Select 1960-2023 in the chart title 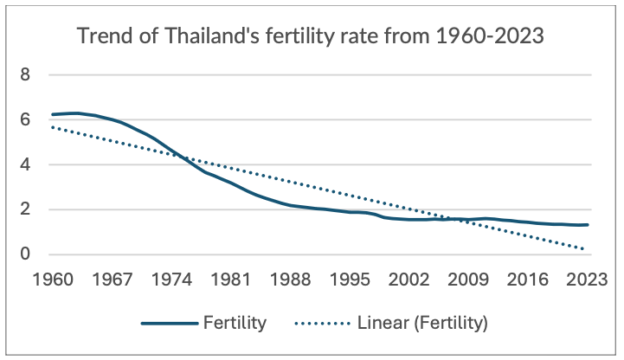485,37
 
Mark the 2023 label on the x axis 588,280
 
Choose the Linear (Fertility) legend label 421,324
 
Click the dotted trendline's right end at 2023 585,249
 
